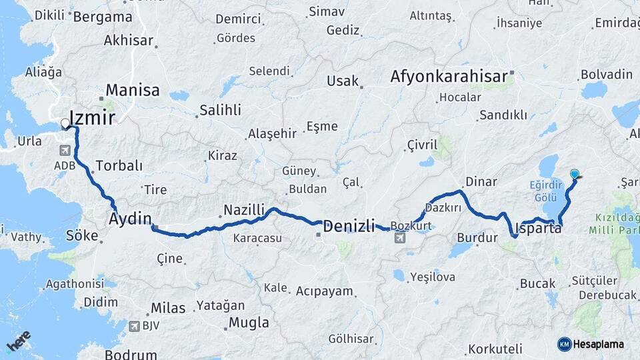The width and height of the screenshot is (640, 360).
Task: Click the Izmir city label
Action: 93,119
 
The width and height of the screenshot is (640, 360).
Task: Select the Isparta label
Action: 539,228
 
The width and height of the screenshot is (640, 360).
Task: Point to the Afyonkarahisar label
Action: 449,76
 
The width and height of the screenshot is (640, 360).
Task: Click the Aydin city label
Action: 130,219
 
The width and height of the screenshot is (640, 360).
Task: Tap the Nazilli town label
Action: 244,210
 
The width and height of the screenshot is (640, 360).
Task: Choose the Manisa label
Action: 133,90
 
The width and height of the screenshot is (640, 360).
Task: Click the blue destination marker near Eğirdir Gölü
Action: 575,174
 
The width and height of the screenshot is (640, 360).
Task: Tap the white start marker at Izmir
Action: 65,123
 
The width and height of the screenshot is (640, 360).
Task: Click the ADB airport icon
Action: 65,150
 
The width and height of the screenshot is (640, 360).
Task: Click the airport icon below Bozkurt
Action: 399,238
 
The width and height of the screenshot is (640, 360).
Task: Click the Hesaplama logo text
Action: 598,344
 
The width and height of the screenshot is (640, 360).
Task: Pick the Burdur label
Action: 477,237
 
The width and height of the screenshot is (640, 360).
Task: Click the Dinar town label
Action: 481,181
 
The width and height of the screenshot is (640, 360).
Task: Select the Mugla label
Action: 249,323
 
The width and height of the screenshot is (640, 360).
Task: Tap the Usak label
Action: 343,81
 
